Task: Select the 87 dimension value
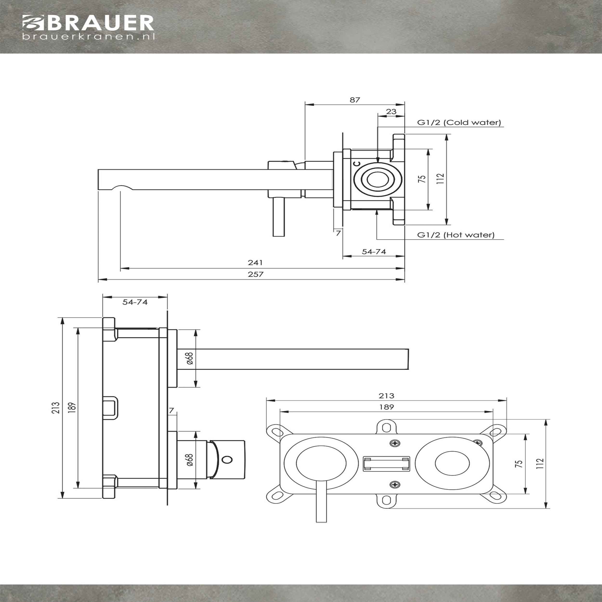[355, 100]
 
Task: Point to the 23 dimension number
[391, 111]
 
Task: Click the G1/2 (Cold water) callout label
[459, 123]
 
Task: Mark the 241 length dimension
[255, 263]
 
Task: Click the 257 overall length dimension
[255, 274]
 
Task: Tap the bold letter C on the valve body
[357, 163]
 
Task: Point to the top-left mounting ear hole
[276, 431]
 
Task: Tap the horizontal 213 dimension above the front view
[386, 396]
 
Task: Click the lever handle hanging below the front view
[321, 505]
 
